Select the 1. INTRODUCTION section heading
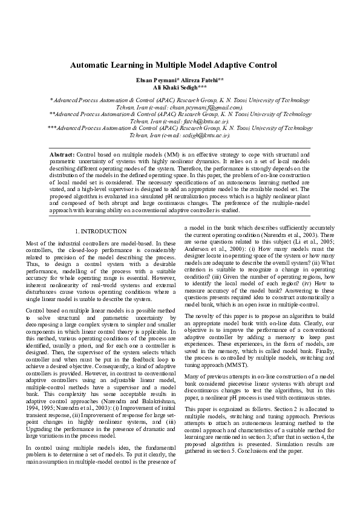click(100, 232)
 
